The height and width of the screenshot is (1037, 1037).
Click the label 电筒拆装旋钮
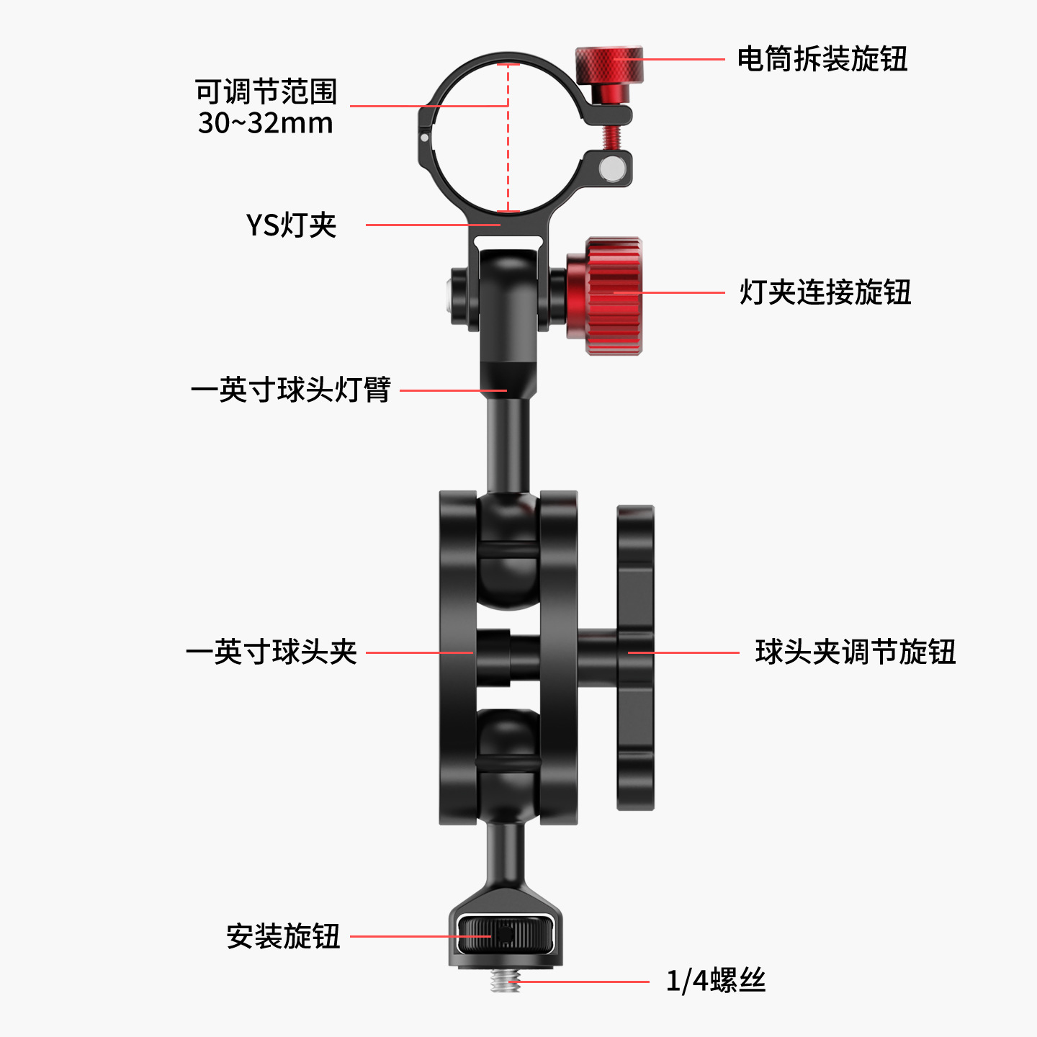pyautogui.click(x=822, y=59)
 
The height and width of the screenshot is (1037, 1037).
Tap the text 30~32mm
pyautogui.click(x=266, y=123)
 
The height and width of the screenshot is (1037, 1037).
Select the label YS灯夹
pyautogui.click(x=291, y=225)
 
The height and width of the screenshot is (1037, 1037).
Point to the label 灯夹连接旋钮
pyautogui.click(x=825, y=292)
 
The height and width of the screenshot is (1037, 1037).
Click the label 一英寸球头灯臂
pyautogui.click(x=291, y=390)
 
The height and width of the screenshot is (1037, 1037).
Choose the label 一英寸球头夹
pyautogui.click(x=271, y=652)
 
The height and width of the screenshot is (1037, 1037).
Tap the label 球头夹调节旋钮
pyautogui.click(x=856, y=652)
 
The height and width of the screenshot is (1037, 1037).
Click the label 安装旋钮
pyautogui.click(x=283, y=936)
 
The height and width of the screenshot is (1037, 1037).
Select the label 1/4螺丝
pyautogui.click(x=716, y=981)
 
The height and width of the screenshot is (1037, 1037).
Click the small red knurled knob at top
pyautogui.click(x=609, y=65)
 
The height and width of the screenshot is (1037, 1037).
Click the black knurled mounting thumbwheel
pyautogui.click(x=506, y=934)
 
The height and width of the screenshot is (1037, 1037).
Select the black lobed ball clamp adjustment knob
pyautogui.click(x=635, y=657)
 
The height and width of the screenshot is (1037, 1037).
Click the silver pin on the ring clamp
pyautogui.click(x=612, y=168)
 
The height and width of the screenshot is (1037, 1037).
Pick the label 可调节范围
pyautogui.click(x=266, y=91)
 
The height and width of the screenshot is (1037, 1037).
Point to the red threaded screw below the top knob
pyautogui.click(x=611, y=137)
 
